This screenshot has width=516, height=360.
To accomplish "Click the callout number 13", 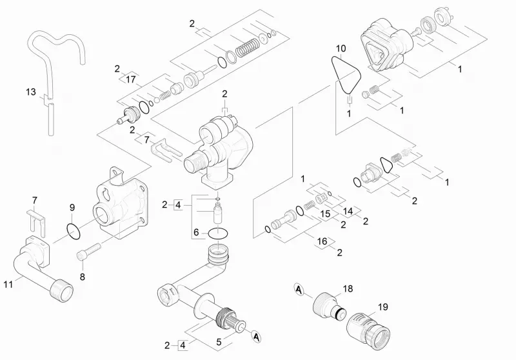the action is (31, 92).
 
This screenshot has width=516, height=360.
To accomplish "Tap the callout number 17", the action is (131, 79).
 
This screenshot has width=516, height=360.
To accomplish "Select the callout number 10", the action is (341, 48).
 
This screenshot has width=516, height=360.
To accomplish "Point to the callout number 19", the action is (382, 307).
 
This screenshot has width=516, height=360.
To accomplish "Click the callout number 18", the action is (348, 288).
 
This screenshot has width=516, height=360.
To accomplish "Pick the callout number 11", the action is (8, 284).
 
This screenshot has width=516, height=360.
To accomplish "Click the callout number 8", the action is (83, 277).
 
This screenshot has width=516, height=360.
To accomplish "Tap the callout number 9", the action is (72, 208).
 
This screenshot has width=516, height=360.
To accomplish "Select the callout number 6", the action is (196, 233).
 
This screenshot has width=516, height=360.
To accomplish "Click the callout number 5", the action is (219, 342).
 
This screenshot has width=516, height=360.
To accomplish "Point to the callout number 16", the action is (322, 241).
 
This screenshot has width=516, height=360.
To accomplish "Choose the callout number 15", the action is (325, 214).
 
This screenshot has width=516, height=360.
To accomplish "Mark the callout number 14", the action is (348, 211).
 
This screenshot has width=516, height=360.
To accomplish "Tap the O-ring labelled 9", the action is (74, 232).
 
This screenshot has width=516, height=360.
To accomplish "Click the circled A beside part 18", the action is (299, 289).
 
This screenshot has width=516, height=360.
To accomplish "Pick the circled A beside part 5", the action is (256, 337).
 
